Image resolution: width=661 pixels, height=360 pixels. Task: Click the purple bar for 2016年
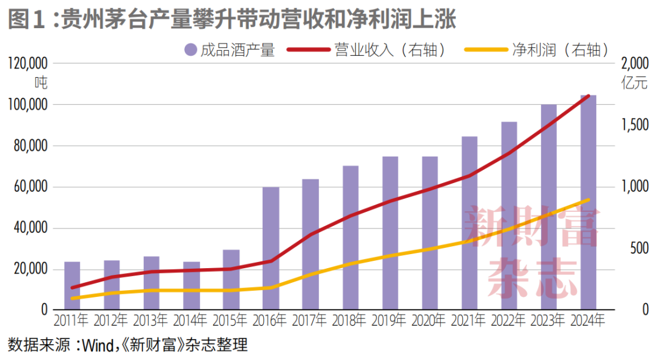click(x=271, y=248)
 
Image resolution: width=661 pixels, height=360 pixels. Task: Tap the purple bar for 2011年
click(x=72, y=285)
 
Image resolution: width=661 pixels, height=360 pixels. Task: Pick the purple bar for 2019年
click(x=390, y=233)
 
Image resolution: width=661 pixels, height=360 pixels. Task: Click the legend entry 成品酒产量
click(x=229, y=50)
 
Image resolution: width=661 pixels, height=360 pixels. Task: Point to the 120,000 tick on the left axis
click(x=28, y=63)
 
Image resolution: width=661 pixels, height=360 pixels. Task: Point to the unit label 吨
click(x=40, y=82)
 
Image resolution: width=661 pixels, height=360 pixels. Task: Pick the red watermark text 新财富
click(x=530, y=227)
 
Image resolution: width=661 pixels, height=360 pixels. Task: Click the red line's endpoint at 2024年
click(x=588, y=96)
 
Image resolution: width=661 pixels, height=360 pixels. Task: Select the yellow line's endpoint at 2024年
click(x=588, y=200)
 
